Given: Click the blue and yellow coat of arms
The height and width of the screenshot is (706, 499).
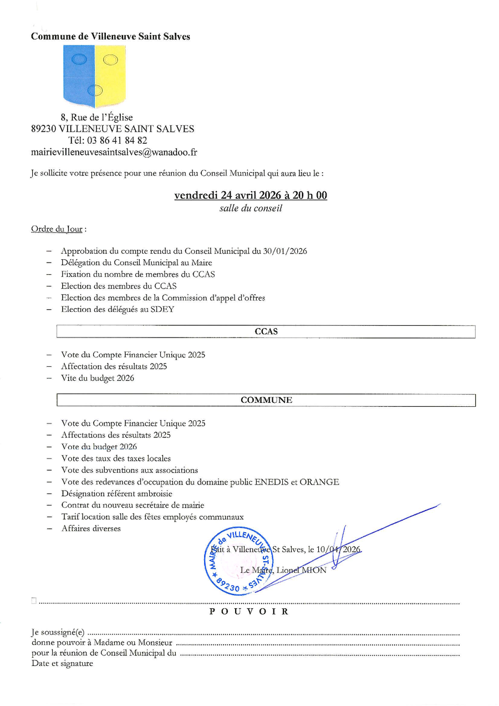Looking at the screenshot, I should [94, 76].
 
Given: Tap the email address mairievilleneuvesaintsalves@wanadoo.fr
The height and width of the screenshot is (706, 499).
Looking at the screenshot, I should [114, 152].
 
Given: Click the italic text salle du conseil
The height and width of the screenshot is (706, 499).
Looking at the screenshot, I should [251, 208].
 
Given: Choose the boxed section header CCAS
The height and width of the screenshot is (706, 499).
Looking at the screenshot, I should [266, 331].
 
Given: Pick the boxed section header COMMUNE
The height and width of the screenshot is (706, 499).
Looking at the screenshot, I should [266, 400].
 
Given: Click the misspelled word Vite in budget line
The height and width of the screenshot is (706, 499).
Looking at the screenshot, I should [70, 378].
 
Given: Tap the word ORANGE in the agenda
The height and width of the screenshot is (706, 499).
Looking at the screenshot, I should [319, 482].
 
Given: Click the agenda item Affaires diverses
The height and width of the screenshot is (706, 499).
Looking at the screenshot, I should [91, 528].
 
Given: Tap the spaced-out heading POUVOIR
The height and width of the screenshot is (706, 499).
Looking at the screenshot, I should [249, 612].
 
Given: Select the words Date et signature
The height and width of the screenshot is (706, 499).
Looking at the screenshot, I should [62, 663].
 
